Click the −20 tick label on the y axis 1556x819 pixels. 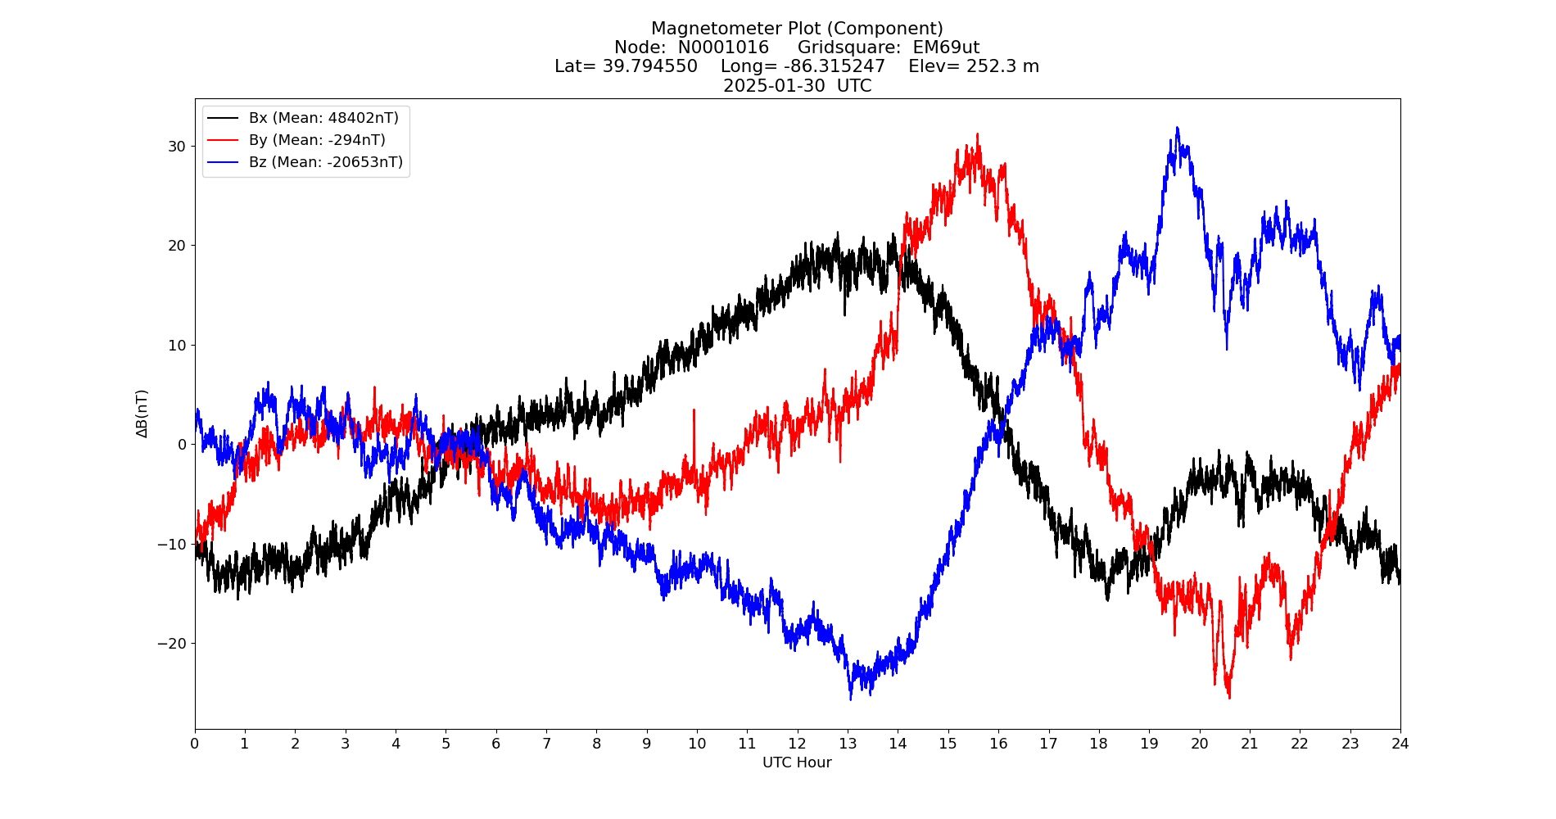pyautogui.click(x=172, y=643)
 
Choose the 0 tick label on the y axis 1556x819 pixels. pyautogui.click(x=182, y=444)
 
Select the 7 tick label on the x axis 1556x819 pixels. pyautogui.click(x=546, y=744)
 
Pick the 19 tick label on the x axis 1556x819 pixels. pyautogui.click(x=1149, y=744)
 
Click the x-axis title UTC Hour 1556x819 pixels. pyautogui.click(x=797, y=762)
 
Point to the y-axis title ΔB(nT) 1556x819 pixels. pyautogui.click(x=142, y=414)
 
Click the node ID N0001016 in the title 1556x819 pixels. pyautogui.click(x=723, y=48)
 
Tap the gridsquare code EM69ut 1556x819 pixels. pyautogui.click(x=946, y=48)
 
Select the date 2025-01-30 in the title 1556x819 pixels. pyautogui.click(x=774, y=86)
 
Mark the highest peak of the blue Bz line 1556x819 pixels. pyautogui.click(x=1178, y=128)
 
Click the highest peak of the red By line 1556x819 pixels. pyautogui.click(x=977, y=134)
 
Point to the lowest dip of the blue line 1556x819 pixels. pyautogui.click(x=850, y=699)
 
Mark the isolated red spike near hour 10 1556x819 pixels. pyautogui.click(x=694, y=410)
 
